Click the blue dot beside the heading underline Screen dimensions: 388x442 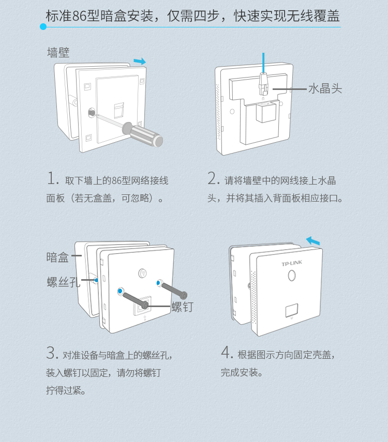point(43,27)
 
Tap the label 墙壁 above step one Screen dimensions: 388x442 point(58,52)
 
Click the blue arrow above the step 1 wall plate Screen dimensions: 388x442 point(140,61)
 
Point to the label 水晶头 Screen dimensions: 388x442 point(325,88)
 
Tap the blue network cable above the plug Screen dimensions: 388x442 point(263,63)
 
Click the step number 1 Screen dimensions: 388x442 point(52,178)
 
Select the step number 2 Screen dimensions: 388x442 point(213,178)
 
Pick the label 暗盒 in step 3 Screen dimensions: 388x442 point(57,257)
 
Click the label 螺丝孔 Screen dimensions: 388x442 point(64,282)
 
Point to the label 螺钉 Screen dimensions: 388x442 point(183,307)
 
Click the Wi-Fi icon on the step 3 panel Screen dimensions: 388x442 point(143,273)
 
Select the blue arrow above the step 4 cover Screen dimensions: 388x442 point(313,241)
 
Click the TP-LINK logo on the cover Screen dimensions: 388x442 point(292,263)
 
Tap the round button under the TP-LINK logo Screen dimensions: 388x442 point(292,276)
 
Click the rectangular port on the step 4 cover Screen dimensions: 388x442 point(292,310)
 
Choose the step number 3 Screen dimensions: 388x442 point(52,353)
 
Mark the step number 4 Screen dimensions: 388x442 point(227,353)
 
